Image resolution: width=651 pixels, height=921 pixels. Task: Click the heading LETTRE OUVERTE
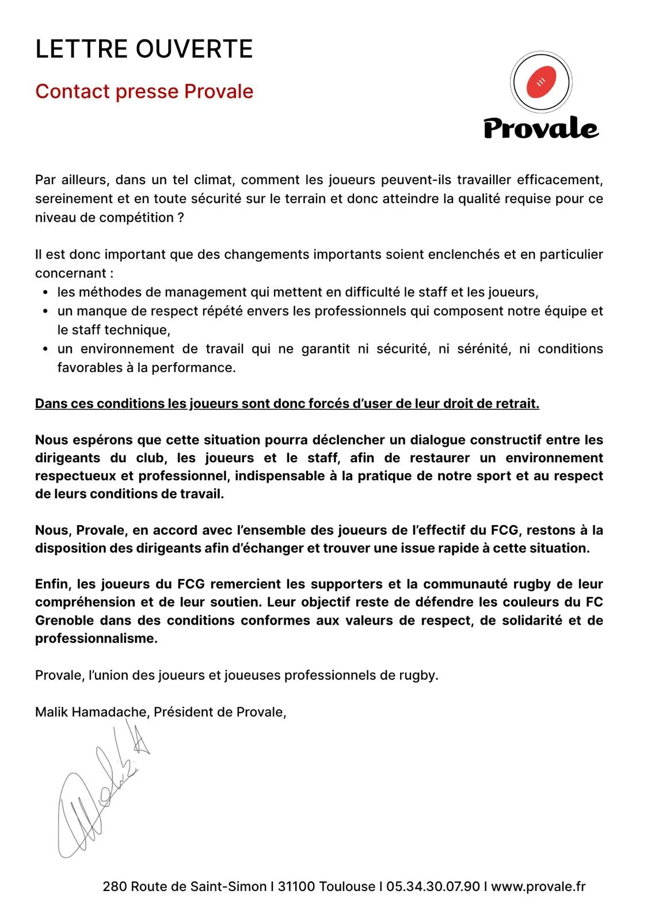coord(144,49)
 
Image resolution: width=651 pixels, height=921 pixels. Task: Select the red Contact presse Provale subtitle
coord(144,92)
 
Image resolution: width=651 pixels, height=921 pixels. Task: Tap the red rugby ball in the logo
coord(541,82)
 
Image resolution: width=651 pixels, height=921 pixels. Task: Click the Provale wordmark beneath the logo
coord(540,128)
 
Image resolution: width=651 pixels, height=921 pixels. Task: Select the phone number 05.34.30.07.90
coord(433,886)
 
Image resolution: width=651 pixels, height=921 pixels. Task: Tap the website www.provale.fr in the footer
coord(538,886)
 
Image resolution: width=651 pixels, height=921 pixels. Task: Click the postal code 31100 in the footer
coord(296,886)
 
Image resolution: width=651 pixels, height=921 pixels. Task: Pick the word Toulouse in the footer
coord(347,886)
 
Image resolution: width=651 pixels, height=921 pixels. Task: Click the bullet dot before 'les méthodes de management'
coord(45,292)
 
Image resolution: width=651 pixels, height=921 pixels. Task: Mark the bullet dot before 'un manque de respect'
coord(45,311)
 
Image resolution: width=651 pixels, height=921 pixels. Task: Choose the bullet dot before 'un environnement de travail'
coord(45,349)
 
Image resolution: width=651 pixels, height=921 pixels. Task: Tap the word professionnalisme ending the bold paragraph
coord(96,638)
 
